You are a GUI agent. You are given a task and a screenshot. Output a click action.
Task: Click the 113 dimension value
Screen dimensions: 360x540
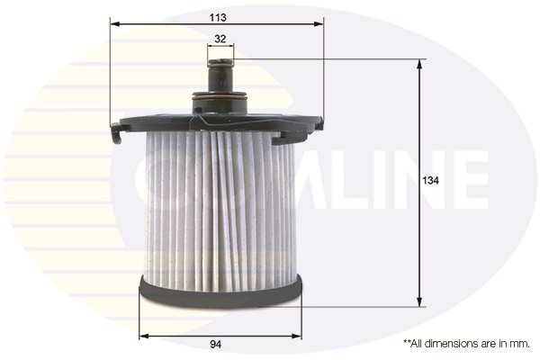(216, 17)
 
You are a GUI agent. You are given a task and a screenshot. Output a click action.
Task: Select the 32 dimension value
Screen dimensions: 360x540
(221, 39)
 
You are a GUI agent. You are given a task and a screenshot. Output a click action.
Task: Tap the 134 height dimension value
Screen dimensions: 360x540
(431, 181)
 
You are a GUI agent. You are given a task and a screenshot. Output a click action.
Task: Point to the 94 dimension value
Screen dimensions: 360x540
(216, 344)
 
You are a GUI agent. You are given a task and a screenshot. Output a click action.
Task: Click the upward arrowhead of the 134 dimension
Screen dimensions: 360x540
(419, 64)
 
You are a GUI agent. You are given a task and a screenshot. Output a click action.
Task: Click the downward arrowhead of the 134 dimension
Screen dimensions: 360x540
(419, 303)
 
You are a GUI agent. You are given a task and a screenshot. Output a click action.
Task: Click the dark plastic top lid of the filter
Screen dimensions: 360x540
(216, 121)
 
